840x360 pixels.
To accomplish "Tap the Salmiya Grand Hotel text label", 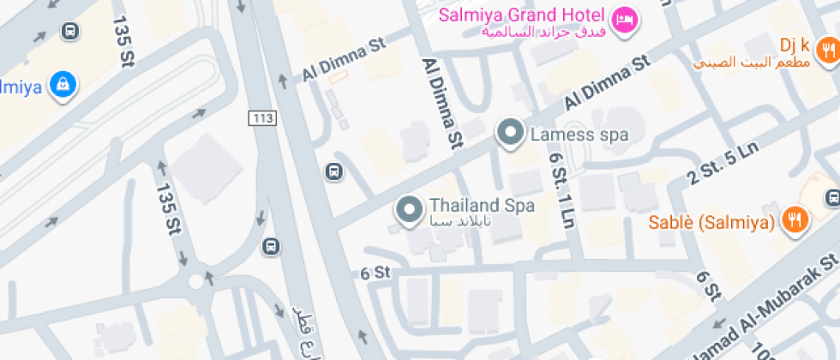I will point(523,15).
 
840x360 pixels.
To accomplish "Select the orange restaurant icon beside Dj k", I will point(826,51).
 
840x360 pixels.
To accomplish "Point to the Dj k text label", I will point(795,45).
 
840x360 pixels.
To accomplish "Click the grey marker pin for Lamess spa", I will point(512,134).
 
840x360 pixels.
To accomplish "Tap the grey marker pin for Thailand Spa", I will point(409,208).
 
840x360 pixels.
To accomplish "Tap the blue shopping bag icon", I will point(62,85).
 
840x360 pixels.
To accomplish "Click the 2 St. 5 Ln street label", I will point(723,164).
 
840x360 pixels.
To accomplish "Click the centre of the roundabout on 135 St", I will point(198,280).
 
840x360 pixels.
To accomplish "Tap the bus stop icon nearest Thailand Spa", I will point(333,171).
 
